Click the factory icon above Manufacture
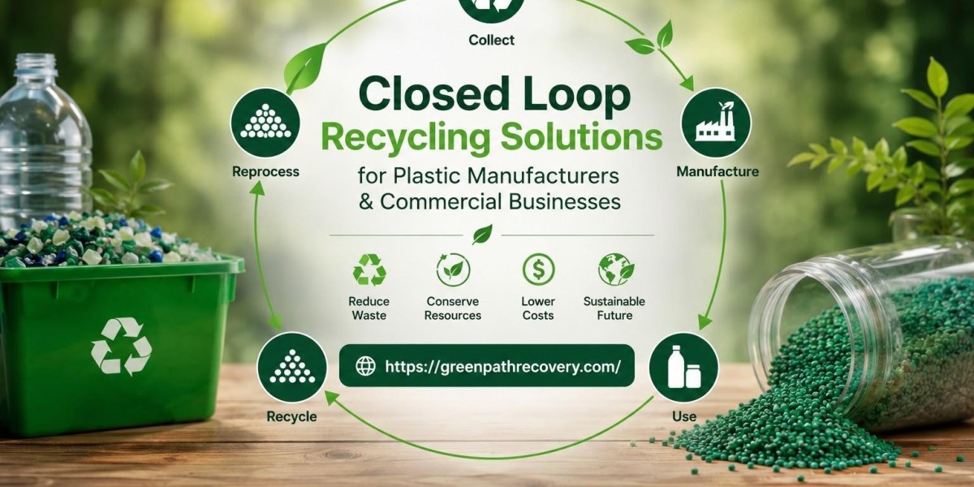[716, 123]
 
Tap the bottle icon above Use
[683, 368]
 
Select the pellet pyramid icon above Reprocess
[265, 123]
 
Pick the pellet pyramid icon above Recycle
[291, 368]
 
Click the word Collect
[491, 40]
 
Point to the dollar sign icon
[538, 269]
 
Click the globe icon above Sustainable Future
[616, 269]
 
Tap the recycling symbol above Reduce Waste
[369, 270]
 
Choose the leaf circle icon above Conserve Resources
[453, 269]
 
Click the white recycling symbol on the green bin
[121, 346]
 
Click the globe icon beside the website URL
[365, 366]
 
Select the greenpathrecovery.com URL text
[503, 367]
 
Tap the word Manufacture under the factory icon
[718, 171]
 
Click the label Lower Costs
[538, 308]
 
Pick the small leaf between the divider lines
[482, 235]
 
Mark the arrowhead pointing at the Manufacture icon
[688, 84]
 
